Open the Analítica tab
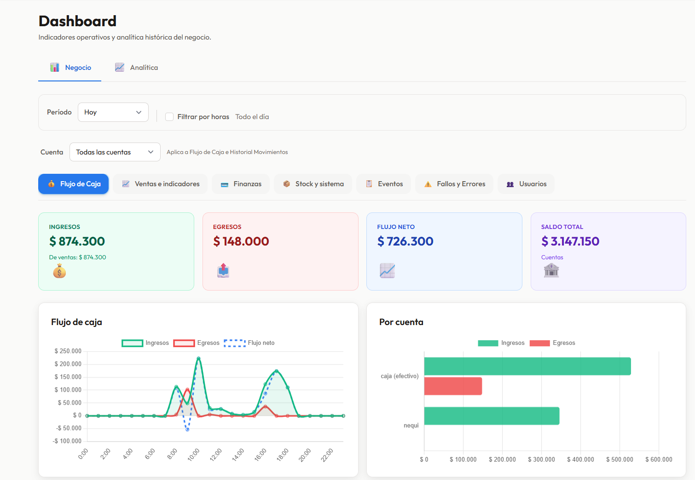[136, 68]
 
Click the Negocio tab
[70, 68]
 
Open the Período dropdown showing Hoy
[113, 112]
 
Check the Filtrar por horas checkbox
[169, 117]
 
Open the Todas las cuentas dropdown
[115, 152]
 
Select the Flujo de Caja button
[74, 184]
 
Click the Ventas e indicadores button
[161, 184]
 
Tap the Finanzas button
[241, 184]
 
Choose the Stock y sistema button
[313, 184]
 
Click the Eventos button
[384, 184]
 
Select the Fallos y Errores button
[454, 184]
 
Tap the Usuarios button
[526, 184]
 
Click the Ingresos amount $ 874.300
[77, 241]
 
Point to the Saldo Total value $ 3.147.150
[570, 241]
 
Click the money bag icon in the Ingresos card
[59, 271]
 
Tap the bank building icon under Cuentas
[551, 270]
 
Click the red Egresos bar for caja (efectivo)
[453, 386]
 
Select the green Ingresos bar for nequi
[492, 416]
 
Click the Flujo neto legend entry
[249, 343]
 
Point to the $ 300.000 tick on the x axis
[541, 459]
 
